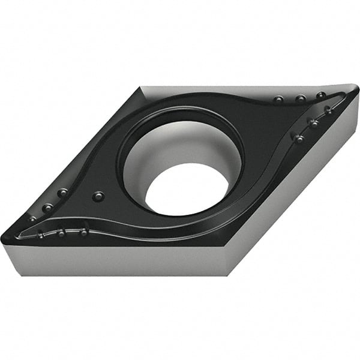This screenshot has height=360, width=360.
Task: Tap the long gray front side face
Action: [120, 261]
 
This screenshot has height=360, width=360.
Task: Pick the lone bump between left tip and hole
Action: [98, 196]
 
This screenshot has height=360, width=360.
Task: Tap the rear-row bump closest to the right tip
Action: [321, 95]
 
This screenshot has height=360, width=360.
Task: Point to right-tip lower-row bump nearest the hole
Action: [298, 138]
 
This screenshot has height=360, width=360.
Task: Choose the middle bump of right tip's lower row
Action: [313, 122]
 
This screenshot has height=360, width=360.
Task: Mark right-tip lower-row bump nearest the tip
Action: [328, 110]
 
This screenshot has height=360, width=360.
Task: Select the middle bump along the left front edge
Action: [61, 232]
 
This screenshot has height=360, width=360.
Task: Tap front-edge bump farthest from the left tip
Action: [84, 231]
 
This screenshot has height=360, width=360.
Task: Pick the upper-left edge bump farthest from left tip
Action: [62, 193]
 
